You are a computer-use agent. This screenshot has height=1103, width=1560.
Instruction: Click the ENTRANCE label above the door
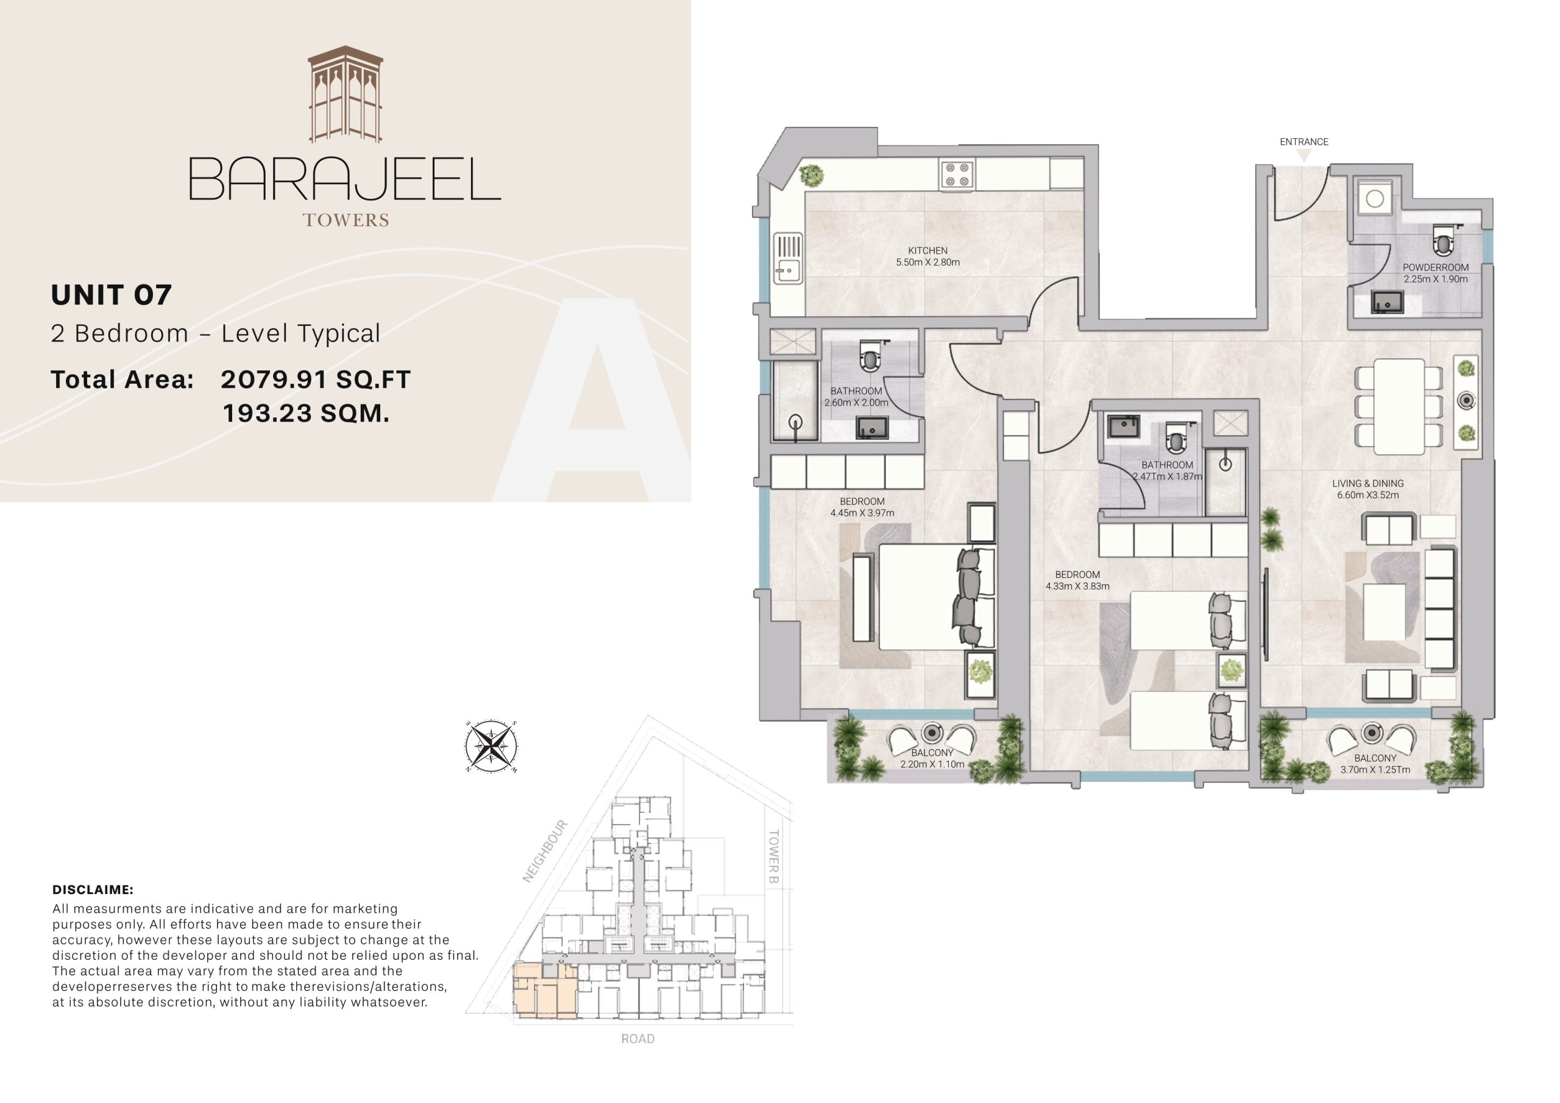[x=1303, y=142]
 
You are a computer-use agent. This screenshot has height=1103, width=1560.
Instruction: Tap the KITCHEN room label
[x=927, y=250]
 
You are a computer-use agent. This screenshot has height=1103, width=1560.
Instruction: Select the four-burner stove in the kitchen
[x=957, y=175]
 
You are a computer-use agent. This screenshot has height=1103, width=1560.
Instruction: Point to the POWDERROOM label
[x=1435, y=267]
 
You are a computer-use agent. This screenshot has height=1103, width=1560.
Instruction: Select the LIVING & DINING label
[x=1367, y=484]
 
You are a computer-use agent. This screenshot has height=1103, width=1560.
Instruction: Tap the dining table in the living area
[x=1399, y=406]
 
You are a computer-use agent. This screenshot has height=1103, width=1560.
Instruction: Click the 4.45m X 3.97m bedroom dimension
[x=862, y=513]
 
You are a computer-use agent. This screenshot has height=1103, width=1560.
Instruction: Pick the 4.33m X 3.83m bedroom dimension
[x=1077, y=586]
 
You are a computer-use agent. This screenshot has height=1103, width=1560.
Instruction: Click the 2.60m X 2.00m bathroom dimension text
[x=856, y=403]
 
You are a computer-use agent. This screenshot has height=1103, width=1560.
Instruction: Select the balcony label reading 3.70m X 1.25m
[x=1375, y=769]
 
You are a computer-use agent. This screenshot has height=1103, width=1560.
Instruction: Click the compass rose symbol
[x=491, y=747]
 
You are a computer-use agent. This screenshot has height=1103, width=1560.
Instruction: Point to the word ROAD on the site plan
[x=637, y=1038]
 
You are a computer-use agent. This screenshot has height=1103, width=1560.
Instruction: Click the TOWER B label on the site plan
[x=773, y=856]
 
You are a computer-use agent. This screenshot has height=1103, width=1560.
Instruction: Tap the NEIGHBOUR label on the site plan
[x=545, y=851]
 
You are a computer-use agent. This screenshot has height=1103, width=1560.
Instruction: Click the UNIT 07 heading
[x=112, y=295]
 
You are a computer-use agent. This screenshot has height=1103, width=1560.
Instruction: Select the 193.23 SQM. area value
[x=306, y=413]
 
